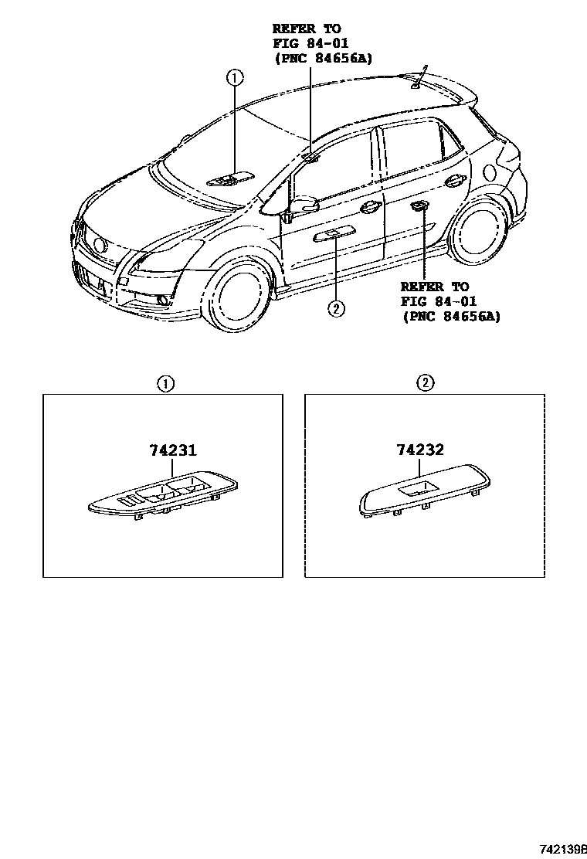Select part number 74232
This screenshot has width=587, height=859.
(419, 450)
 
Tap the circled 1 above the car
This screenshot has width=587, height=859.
(235, 76)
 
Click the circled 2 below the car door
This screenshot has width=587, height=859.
(335, 308)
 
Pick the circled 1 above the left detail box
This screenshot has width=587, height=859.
(165, 382)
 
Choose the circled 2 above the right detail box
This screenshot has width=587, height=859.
(425, 382)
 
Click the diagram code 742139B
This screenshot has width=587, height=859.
(562, 848)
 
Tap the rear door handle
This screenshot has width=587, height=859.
(454, 182)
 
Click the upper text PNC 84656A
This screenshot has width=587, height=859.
(323, 58)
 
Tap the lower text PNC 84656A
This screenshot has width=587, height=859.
(451, 315)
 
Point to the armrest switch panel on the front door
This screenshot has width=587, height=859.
(334, 235)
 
